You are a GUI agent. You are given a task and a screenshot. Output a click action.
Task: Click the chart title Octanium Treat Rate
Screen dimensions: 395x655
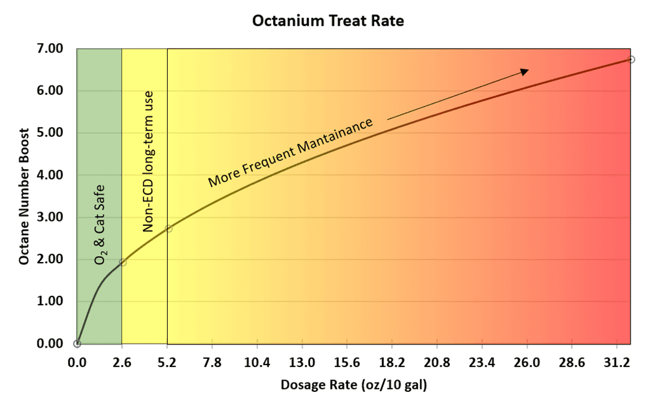(x=328, y=21)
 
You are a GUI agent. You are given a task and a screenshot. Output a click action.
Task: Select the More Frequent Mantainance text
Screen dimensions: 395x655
(x=291, y=152)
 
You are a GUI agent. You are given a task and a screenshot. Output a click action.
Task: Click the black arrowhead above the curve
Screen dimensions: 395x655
(x=525, y=72)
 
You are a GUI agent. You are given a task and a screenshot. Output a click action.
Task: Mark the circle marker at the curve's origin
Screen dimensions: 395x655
(x=77, y=343)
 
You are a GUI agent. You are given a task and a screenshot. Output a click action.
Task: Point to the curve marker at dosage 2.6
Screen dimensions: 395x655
(x=122, y=262)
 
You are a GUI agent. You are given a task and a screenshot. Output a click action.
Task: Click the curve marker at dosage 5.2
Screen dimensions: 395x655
(x=168, y=228)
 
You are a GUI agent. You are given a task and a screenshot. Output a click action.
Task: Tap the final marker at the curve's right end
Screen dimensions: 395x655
(x=631, y=59)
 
